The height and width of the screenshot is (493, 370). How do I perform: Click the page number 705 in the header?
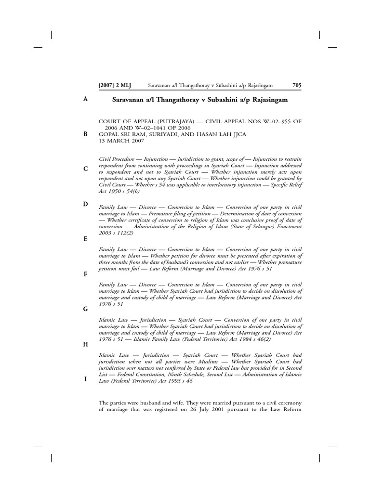click(297, 86)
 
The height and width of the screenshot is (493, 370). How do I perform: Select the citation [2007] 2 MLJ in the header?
click(115, 86)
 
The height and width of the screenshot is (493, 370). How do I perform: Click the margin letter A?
click(85, 99)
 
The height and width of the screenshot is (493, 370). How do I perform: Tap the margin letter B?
click(85, 134)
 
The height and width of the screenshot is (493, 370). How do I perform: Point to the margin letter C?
click(85, 169)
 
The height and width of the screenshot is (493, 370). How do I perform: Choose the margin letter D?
click(85, 204)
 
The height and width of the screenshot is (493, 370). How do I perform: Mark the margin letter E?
click(85, 239)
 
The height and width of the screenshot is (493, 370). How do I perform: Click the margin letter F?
click(85, 274)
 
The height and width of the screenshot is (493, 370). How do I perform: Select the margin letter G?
click(85, 309)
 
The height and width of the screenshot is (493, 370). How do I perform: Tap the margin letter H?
click(85, 344)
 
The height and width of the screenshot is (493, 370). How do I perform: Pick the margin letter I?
click(85, 379)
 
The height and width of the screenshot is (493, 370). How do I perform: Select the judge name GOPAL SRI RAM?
click(121, 134)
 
